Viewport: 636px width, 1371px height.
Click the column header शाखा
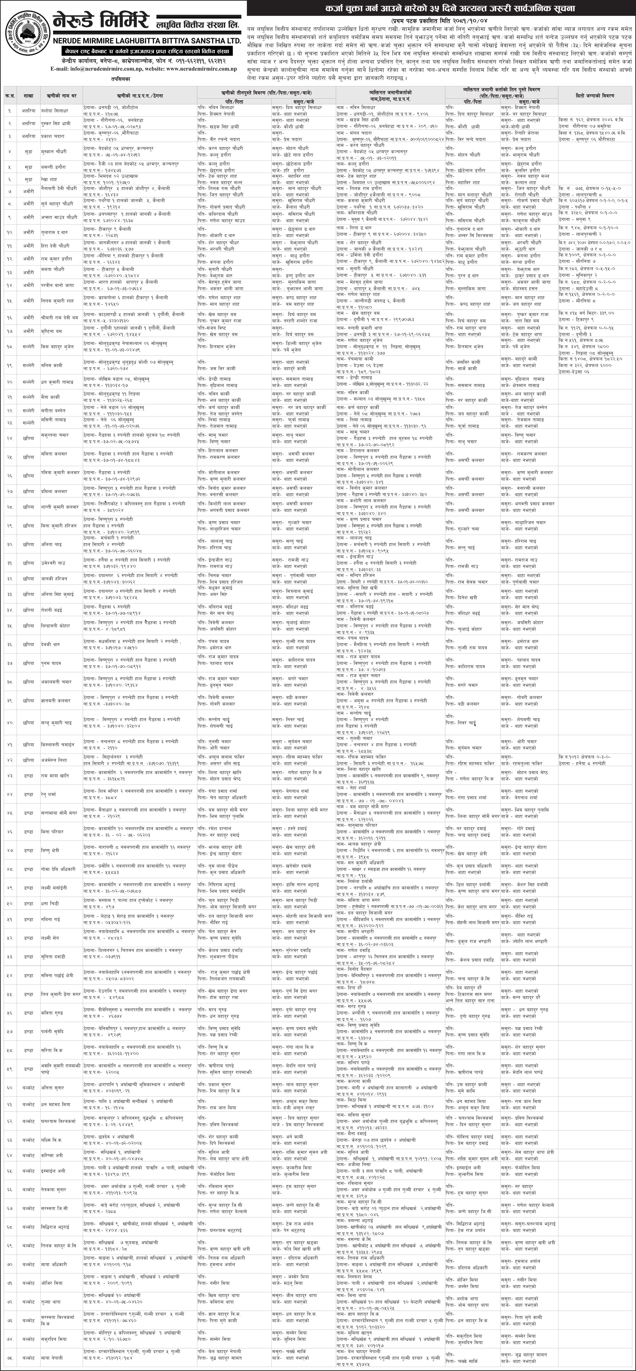coord(28,96)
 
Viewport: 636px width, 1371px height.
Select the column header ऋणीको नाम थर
coord(58,96)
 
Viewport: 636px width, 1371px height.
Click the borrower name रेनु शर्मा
coord(52,794)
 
